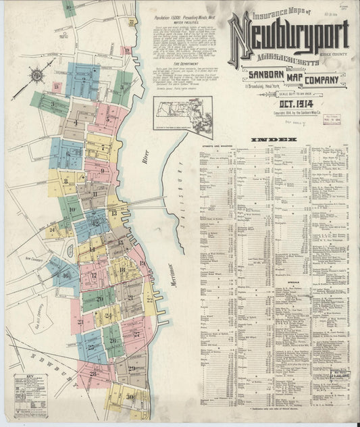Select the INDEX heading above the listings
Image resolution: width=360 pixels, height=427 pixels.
point(274,140)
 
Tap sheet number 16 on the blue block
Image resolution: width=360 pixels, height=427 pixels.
point(66,275)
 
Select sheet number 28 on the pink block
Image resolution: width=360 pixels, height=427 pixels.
point(93,373)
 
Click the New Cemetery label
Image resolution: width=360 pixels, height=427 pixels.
point(30,257)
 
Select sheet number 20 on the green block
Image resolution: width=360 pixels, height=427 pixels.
point(99,298)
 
